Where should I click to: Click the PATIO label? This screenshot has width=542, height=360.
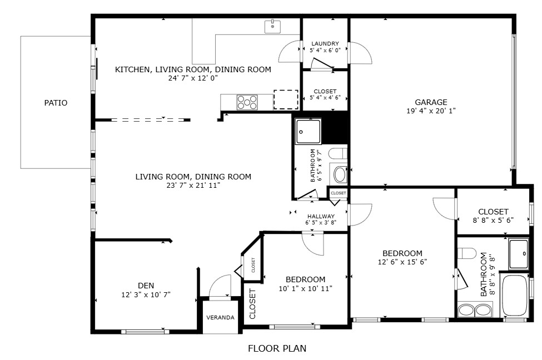(56, 103)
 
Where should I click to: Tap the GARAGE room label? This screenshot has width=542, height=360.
(431, 102)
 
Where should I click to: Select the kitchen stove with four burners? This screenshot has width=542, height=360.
(247, 102)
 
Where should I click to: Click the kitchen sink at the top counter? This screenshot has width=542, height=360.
(272, 26)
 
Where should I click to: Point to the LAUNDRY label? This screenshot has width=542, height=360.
(325, 44)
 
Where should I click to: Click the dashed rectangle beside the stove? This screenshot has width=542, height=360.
(286, 99)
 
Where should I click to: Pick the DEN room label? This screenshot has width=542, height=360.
(146, 286)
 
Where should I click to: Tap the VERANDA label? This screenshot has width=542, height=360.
(220, 318)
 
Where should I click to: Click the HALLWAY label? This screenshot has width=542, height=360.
(321, 216)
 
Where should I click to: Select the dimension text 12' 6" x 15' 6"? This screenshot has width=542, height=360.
(402, 262)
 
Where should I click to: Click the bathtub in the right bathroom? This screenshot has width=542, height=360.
(515, 295)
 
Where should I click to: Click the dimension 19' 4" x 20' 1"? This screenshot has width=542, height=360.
(431, 111)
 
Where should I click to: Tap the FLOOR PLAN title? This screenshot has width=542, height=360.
(276, 349)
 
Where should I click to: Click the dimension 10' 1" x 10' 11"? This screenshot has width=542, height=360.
(305, 288)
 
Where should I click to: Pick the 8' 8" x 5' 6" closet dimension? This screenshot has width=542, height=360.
(493, 220)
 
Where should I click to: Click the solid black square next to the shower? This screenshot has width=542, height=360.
(336, 128)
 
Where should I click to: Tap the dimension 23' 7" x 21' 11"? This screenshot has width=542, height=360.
(193, 186)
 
